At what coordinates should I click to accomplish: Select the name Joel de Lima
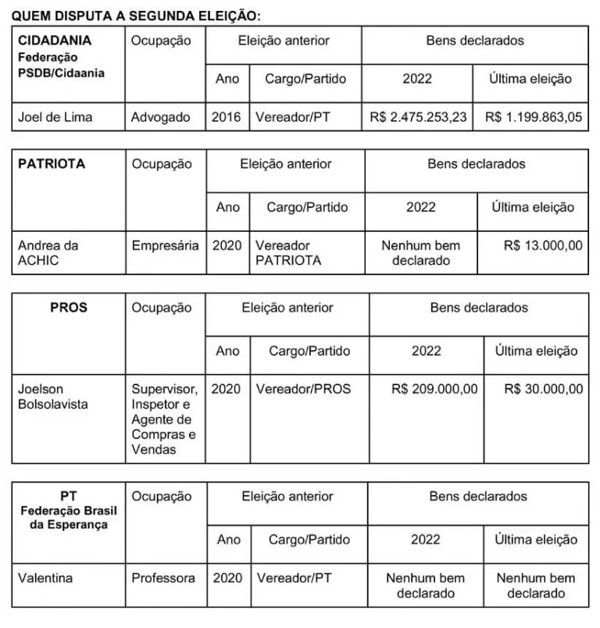[x=55, y=117]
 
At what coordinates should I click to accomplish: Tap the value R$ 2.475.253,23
[x=418, y=117]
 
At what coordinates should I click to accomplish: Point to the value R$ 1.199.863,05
[x=534, y=117]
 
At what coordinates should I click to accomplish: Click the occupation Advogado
[x=161, y=117]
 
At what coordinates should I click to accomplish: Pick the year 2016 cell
[x=227, y=117]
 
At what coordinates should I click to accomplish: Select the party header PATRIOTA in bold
[x=52, y=164]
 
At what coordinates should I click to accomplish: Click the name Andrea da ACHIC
[x=48, y=253]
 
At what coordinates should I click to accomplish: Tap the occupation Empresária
[x=166, y=245]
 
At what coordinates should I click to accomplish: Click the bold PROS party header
[x=69, y=308]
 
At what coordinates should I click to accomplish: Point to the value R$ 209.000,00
[x=434, y=388]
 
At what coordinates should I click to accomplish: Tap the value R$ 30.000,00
[x=543, y=388]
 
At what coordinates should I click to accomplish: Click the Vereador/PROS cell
[x=303, y=388]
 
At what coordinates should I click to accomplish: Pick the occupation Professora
[x=163, y=578]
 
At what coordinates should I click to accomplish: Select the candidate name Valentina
[x=45, y=578]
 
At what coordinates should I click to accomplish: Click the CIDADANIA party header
[x=55, y=40]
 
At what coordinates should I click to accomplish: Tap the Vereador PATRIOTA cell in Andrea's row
[x=288, y=253]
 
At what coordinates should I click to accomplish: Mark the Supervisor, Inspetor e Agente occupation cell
[x=165, y=419]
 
